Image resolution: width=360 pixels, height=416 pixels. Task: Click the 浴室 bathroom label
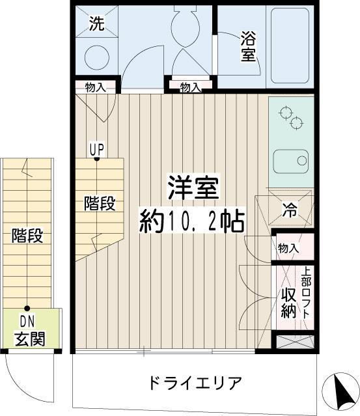point(247,46)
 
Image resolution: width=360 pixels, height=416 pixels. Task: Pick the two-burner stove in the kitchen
point(291,118)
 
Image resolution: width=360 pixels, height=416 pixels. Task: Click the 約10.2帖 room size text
point(191,223)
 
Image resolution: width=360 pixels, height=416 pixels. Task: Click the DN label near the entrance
point(27,321)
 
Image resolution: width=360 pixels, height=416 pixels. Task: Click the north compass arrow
point(340,391)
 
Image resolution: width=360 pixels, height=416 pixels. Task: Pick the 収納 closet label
point(288,303)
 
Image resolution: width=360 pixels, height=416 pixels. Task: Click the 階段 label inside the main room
point(100,204)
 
